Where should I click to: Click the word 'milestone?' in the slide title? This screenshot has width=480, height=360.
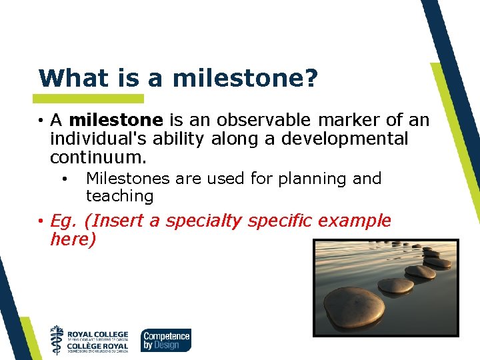(x=245, y=79)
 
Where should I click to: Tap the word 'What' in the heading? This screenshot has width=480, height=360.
(x=68, y=79)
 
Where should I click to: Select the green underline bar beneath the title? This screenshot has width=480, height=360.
(x=91, y=99)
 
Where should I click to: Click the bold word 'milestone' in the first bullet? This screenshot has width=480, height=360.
(x=116, y=120)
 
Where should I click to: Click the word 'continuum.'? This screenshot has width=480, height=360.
(x=97, y=158)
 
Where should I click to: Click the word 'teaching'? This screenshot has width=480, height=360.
(x=119, y=196)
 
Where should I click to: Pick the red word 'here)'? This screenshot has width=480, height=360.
(x=73, y=239)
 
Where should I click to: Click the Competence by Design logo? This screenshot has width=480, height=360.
(x=165, y=340)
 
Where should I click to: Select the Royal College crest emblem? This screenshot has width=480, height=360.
(x=58, y=339)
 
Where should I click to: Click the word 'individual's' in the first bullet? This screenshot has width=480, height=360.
(x=94, y=139)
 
